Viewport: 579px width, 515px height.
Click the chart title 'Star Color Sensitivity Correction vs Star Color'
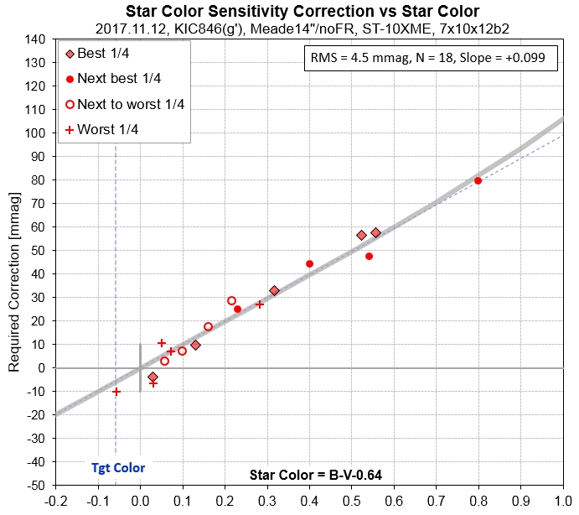click(302, 11)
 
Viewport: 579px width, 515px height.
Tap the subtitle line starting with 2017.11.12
click(302, 28)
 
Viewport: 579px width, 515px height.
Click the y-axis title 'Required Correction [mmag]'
click(13, 261)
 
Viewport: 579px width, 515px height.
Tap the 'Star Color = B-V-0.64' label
click(316, 476)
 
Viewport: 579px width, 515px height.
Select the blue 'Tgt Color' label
click(118, 468)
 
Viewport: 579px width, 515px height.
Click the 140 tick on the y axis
click(34, 39)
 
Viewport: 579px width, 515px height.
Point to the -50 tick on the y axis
click(34, 486)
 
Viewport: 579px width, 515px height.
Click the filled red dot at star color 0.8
click(478, 180)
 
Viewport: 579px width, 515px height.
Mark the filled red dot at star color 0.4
click(309, 263)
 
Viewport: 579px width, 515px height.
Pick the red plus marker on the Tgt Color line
click(116, 392)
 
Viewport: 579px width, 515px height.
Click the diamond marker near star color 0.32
click(274, 290)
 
